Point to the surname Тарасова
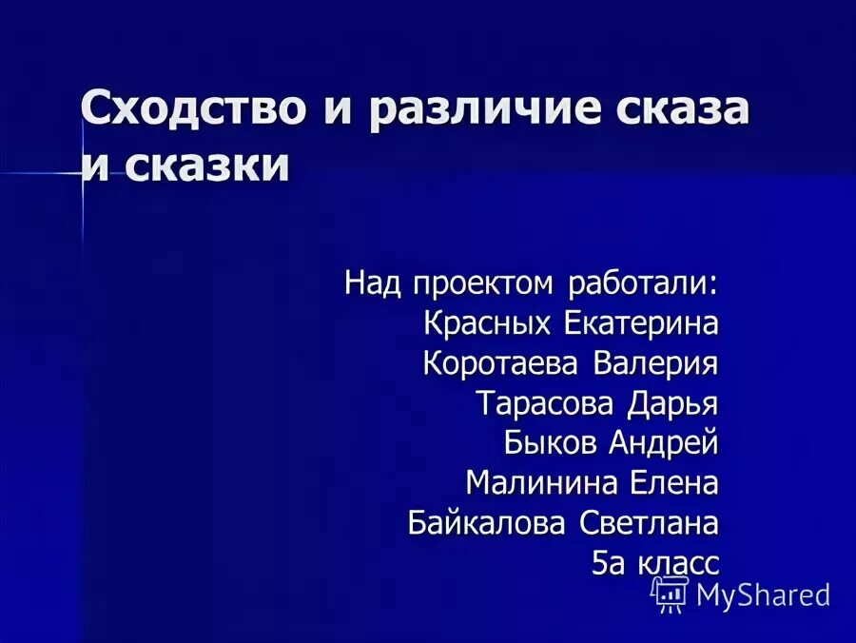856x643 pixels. click(546, 403)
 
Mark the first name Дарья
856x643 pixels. click(672, 404)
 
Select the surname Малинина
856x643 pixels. click(541, 483)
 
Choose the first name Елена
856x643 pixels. click(674, 483)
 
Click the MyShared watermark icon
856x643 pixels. click(670, 594)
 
